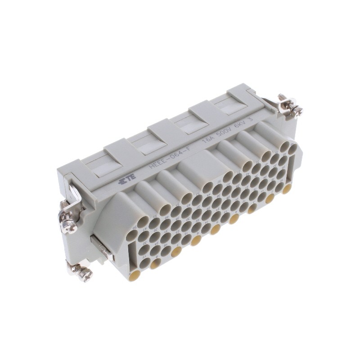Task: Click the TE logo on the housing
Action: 122,180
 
